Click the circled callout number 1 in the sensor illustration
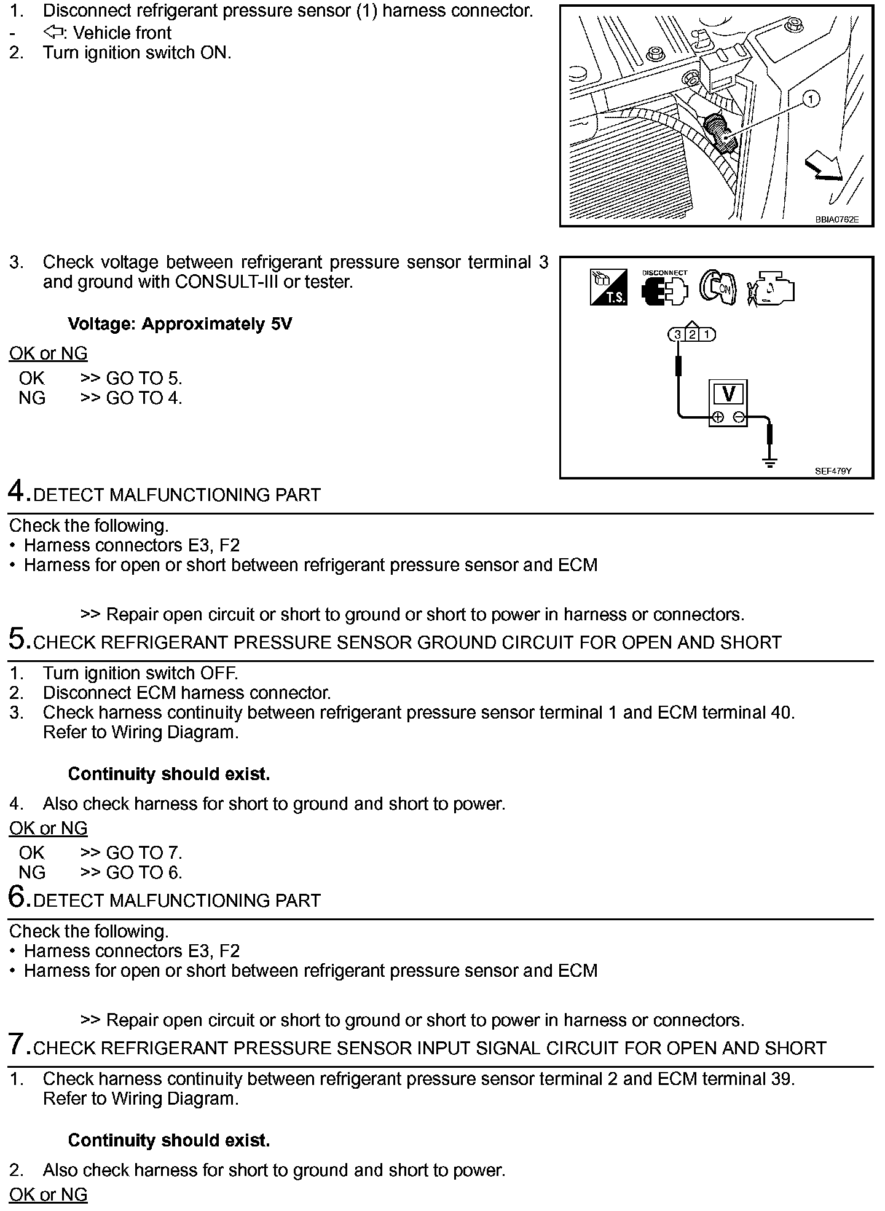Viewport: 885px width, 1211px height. pyautogui.click(x=812, y=99)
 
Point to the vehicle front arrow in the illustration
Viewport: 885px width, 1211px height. pyautogui.click(x=825, y=167)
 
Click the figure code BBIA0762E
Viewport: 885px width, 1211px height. pyautogui.click(x=836, y=219)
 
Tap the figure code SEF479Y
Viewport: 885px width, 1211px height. pyautogui.click(x=833, y=471)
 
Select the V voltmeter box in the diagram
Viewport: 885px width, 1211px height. pyautogui.click(x=728, y=394)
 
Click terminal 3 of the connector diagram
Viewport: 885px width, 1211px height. pyautogui.click(x=677, y=335)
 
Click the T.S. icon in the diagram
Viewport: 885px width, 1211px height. pyautogui.click(x=608, y=287)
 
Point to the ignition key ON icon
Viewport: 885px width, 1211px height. pyautogui.click(x=717, y=288)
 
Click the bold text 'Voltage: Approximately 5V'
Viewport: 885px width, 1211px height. pyautogui.click(x=179, y=324)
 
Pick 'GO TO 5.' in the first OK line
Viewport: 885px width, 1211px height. pyautogui.click(x=144, y=378)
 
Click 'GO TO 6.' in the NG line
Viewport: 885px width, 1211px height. pyautogui.click(x=144, y=872)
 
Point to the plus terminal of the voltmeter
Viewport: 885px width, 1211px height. pyautogui.click(x=717, y=418)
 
